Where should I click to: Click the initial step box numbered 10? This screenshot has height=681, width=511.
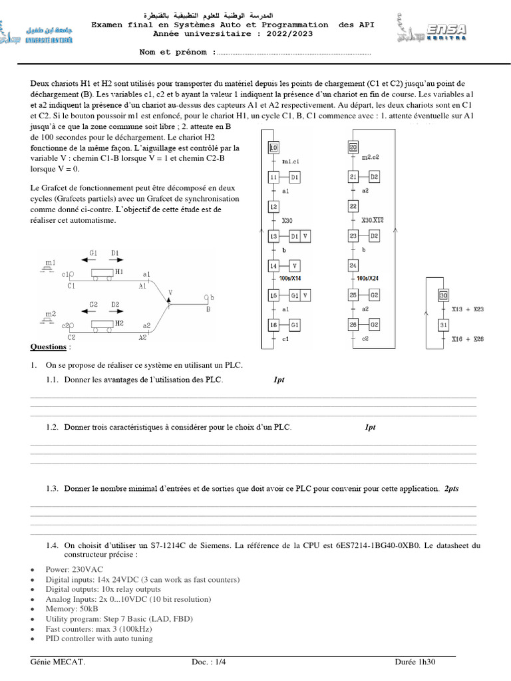[x=273, y=148]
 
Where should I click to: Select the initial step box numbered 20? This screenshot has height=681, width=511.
[x=353, y=148]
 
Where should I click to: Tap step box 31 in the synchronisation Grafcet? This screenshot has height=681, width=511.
[x=442, y=325]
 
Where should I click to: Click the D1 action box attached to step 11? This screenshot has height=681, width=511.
[x=295, y=177]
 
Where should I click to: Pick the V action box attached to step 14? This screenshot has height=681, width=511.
[x=295, y=265]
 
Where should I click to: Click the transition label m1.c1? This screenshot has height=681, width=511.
[x=291, y=162]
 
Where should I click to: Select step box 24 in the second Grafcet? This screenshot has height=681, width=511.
[x=353, y=265]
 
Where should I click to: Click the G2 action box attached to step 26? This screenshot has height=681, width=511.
[x=374, y=325]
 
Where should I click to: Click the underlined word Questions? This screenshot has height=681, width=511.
[x=49, y=347]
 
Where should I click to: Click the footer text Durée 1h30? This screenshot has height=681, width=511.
[x=415, y=662]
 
